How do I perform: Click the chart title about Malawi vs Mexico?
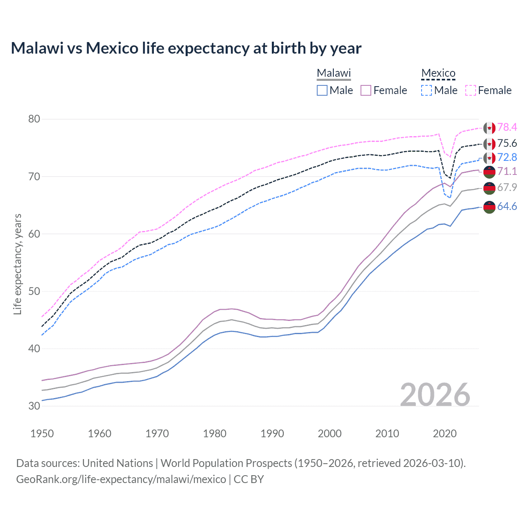[186, 48]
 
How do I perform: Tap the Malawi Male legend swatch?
[322, 90]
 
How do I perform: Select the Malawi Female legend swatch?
[366, 90]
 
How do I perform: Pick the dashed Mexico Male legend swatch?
[427, 90]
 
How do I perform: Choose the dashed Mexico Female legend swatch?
[471, 90]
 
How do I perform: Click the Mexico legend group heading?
[438, 73]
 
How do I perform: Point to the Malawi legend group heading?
[334, 73]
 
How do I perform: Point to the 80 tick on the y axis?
[34, 119]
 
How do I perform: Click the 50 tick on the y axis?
[34, 291]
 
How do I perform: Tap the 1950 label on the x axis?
[42, 434]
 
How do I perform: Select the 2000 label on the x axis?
[330, 434]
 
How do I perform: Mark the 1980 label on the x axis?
[214, 434]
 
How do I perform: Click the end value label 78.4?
[507, 127]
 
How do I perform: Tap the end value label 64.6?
[507, 206]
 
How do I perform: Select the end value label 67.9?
[507, 187]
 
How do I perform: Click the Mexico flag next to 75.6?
[489, 144]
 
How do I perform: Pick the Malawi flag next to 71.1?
[489, 172]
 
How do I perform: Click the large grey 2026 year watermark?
[435, 395]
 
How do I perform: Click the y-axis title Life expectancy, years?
[17, 264]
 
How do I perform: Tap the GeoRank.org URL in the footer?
[121, 479]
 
